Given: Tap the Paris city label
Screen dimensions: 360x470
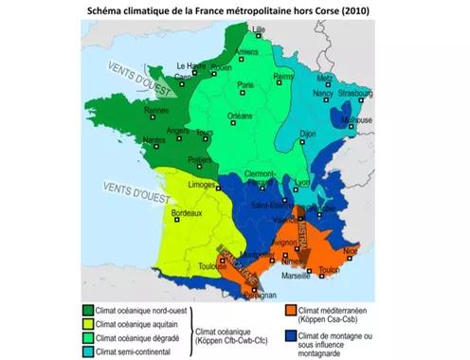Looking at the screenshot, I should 246,84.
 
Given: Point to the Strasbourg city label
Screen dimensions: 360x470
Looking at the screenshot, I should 353,94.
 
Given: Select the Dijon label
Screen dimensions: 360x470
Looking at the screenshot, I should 307,135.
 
